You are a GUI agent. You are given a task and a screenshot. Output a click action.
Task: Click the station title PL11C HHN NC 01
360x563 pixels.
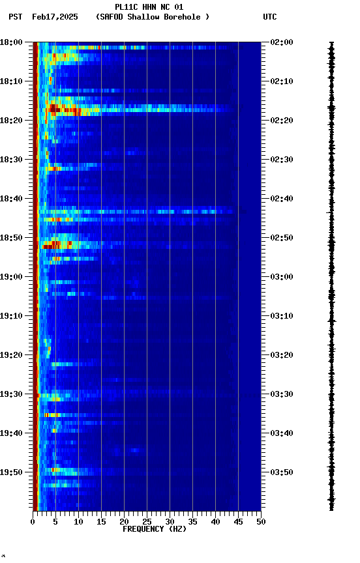(x=149, y=7)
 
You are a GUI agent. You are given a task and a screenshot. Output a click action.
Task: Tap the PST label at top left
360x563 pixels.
(x=16, y=17)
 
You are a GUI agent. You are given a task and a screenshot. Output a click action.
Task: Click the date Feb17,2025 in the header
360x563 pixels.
(x=55, y=17)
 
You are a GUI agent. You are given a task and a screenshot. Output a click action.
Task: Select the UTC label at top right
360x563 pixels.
(x=270, y=17)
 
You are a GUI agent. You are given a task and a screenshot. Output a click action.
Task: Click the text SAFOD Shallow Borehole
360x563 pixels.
(x=152, y=17)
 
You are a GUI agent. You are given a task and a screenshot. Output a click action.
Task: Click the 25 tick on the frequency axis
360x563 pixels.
(x=147, y=521)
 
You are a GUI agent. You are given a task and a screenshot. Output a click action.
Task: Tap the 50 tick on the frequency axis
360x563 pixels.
(x=261, y=521)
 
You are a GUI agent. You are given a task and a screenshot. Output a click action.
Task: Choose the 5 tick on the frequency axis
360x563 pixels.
(x=55, y=521)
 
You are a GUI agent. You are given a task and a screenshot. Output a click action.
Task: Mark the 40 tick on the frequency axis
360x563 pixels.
(x=215, y=521)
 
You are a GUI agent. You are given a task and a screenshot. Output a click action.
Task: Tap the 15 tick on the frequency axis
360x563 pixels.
(x=101, y=521)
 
